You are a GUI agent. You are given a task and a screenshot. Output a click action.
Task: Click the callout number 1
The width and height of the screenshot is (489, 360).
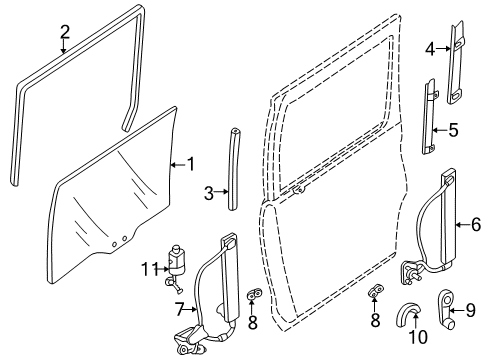(x=190, y=164)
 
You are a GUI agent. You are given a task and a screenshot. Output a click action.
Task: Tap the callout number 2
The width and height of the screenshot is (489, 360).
(x=65, y=32)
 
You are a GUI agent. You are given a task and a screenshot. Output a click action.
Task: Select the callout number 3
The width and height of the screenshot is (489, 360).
(x=209, y=193)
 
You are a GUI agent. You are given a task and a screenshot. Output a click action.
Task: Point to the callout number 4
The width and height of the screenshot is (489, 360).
(x=430, y=50)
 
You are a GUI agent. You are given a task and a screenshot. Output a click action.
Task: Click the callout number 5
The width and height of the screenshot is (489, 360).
(x=453, y=130)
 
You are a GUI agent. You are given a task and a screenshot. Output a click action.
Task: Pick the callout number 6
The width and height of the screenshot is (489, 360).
(x=476, y=224)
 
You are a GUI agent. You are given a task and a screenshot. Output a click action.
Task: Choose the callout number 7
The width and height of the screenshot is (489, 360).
(x=180, y=310)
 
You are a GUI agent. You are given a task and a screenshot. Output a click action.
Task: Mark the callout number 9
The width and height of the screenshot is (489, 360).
(x=470, y=310)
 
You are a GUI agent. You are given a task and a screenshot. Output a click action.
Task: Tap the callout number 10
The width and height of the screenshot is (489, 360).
(x=418, y=337)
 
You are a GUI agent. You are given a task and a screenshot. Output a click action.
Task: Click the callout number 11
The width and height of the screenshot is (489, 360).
(x=149, y=269)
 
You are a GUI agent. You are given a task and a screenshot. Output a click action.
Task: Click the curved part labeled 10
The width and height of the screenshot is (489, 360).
(x=407, y=314)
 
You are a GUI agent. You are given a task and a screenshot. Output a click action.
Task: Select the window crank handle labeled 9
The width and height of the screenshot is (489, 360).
(x=446, y=308)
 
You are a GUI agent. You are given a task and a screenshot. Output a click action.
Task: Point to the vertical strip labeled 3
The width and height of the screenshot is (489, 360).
(x=233, y=169)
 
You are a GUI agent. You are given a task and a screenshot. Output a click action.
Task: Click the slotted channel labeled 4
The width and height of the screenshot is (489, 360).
(x=456, y=62)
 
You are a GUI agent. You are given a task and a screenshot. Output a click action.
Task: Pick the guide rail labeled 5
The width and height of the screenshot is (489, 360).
(x=429, y=116)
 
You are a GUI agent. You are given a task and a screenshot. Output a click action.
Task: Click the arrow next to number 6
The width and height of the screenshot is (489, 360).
(x=463, y=225)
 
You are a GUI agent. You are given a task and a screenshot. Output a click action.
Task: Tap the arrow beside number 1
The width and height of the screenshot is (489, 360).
(x=178, y=165)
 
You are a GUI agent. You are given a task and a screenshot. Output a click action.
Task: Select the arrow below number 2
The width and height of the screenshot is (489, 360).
(x=63, y=46)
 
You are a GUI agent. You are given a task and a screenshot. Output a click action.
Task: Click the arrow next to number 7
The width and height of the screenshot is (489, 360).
(x=191, y=310)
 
